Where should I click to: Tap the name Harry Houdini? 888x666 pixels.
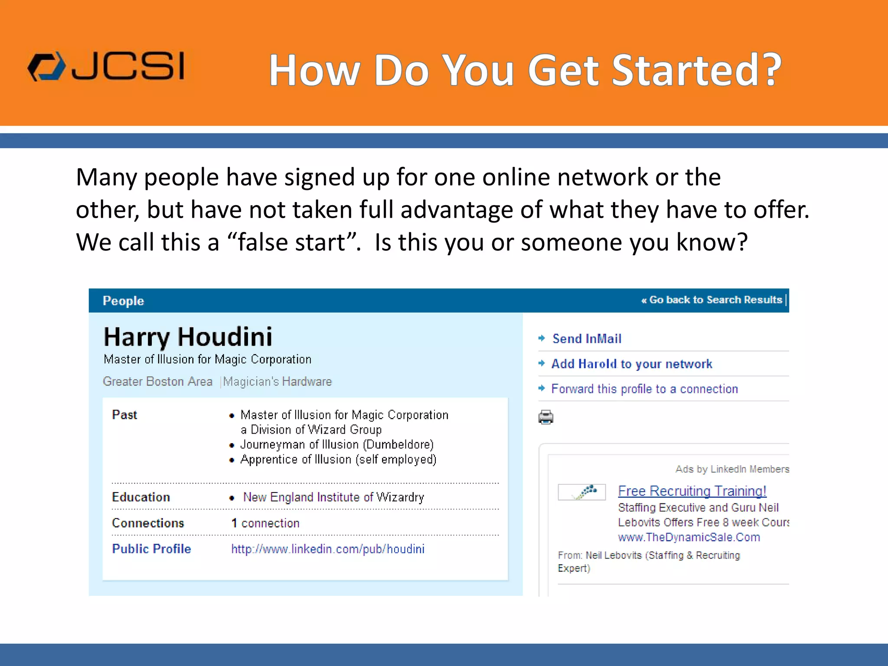(188, 337)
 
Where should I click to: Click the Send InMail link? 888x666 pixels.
(586, 339)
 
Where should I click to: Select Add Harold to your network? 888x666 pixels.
(631, 364)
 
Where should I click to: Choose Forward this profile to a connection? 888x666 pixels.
(644, 389)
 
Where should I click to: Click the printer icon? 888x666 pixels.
(546, 417)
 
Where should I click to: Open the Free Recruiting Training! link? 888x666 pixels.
(692, 491)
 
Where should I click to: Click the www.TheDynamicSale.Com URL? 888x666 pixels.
(689, 537)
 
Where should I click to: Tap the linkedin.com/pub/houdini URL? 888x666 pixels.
(328, 549)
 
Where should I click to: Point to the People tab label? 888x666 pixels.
(123, 301)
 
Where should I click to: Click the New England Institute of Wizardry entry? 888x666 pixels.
(333, 497)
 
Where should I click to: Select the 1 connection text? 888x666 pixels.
(265, 523)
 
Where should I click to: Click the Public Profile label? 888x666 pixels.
(151, 549)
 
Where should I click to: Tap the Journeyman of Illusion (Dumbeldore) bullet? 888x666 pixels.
(337, 444)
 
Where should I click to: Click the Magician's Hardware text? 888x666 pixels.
(277, 382)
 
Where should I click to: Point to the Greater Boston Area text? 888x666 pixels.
(157, 382)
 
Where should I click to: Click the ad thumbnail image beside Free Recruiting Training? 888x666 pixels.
(581, 492)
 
